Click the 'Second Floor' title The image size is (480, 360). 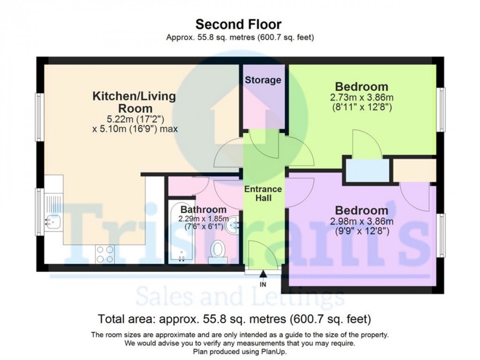click(x=238, y=24)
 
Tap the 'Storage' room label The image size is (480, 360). click(x=263, y=80)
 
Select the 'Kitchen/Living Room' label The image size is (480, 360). click(x=135, y=102)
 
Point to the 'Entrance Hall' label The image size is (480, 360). click(x=263, y=193)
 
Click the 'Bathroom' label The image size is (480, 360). click(x=203, y=210)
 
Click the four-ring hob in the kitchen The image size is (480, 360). click(x=104, y=255)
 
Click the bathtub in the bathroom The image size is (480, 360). click(x=181, y=232)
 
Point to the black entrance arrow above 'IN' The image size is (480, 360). click(x=263, y=274)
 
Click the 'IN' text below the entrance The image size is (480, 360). click(x=263, y=285)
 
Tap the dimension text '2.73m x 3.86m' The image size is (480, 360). click(x=361, y=98)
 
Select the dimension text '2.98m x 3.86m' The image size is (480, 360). click(x=361, y=221)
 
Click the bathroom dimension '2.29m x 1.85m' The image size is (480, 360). click(x=204, y=219)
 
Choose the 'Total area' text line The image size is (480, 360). click(x=234, y=319)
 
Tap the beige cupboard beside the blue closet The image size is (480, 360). click(x=415, y=170)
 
